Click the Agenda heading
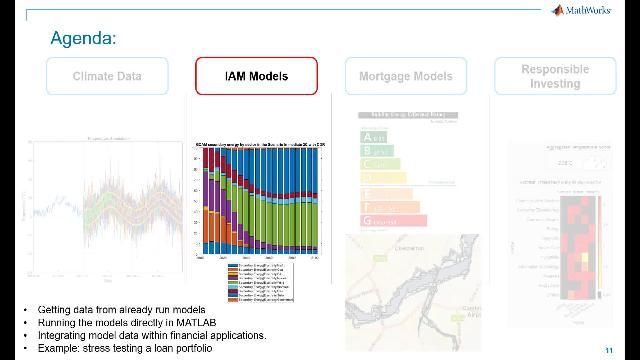(84, 39)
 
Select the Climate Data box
(107, 76)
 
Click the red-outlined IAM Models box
(256, 76)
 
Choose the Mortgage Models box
(405, 76)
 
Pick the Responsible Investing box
(555, 76)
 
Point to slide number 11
(609, 349)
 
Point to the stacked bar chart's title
(260, 145)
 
